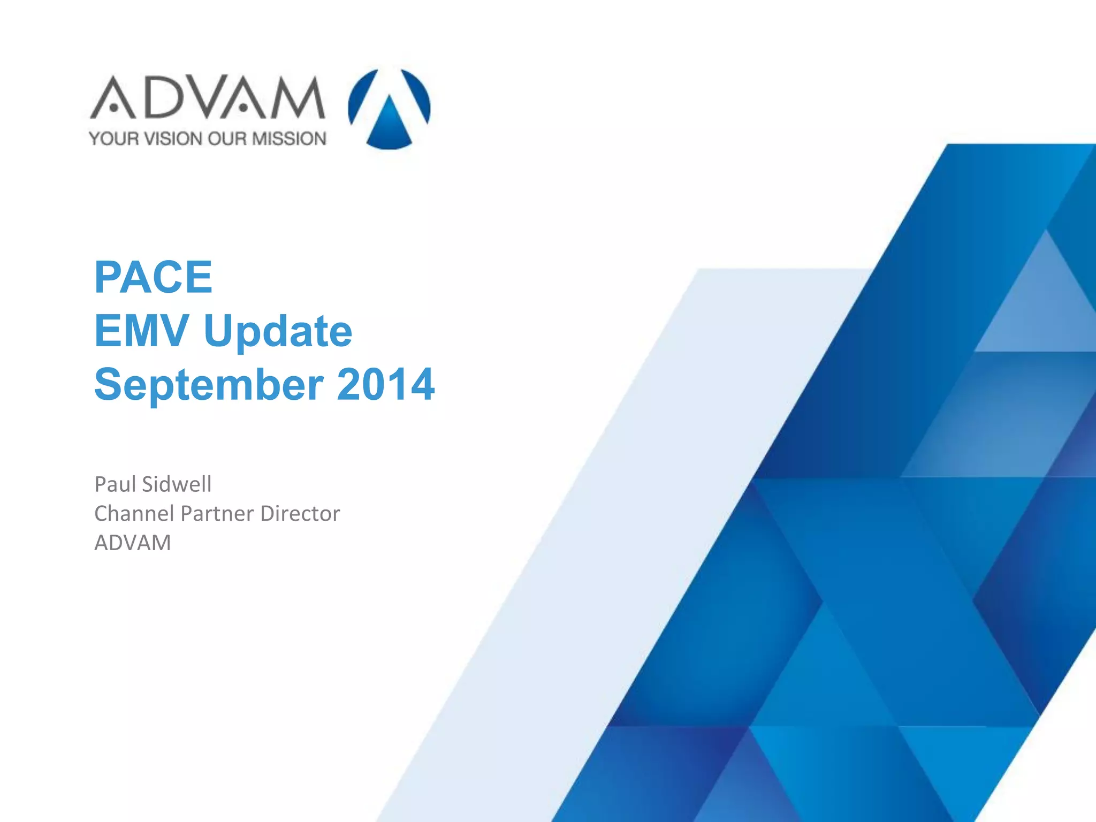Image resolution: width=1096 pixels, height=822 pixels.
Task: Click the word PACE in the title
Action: (x=153, y=277)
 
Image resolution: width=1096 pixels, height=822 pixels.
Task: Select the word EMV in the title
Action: (x=141, y=331)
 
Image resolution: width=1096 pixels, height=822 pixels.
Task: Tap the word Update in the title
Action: (x=278, y=331)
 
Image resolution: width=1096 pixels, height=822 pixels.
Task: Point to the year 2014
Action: (x=385, y=384)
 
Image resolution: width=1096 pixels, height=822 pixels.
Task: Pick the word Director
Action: (x=300, y=514)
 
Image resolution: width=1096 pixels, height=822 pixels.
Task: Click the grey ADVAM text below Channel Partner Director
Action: (x=133, y=543)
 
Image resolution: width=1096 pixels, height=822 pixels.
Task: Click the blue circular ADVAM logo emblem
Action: (x=389, y=109)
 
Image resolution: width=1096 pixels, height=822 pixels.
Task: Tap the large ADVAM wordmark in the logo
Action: (x=207, y=97)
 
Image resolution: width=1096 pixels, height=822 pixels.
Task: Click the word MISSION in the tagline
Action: (x=289, y=139)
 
